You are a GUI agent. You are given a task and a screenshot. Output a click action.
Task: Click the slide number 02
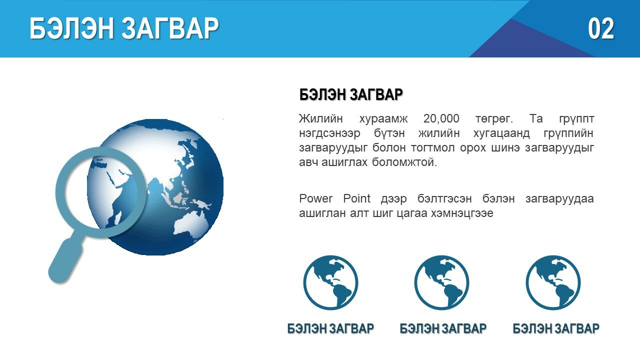click(601, 28)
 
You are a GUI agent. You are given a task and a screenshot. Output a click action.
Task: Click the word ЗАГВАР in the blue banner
click(170, 28)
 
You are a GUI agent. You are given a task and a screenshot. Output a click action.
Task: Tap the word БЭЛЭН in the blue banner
click(71, 28)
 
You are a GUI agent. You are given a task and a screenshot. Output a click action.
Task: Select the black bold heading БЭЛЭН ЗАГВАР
click(351, 94)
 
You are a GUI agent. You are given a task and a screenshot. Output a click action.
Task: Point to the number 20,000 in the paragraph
click(441, 118)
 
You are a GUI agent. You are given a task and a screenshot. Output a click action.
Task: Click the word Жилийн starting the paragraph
click(320, 118)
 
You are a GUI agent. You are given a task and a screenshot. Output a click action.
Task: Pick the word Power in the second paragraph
click(315, 198)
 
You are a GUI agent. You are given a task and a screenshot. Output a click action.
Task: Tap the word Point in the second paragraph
click(356, 198)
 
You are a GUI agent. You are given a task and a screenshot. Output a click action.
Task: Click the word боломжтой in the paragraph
click(404, 162)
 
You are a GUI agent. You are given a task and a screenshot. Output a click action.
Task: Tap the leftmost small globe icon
click(330, 282)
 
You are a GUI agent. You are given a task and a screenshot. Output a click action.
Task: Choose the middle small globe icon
click(441, 282)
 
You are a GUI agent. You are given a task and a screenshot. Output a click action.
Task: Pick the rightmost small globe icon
click(553, 282)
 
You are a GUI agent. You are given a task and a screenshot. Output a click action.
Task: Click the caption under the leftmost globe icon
click(330, 328)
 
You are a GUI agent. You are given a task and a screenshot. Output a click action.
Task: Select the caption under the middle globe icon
click(443, 328)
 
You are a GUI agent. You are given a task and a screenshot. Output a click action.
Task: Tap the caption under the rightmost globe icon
click(556, 328)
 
